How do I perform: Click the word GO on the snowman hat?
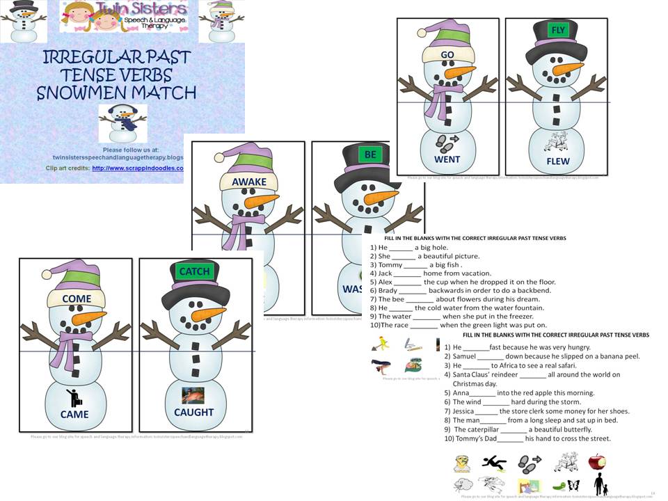click(447, 54)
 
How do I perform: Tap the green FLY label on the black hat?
click(557, 31)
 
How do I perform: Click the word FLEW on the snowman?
click(557, 161)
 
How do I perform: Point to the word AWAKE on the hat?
click(249, 182)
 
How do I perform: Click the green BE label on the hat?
click(370, 154)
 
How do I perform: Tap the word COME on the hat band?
click(77, 299)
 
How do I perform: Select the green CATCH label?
click(194, 271)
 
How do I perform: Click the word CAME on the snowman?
click(74, 414)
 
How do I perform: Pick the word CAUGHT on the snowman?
click(194, 413)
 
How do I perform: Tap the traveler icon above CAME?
click(73, 397)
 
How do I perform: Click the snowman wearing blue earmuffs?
click(122, 123)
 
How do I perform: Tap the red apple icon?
click(597, 463)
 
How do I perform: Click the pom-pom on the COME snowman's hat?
click(46, 273)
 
